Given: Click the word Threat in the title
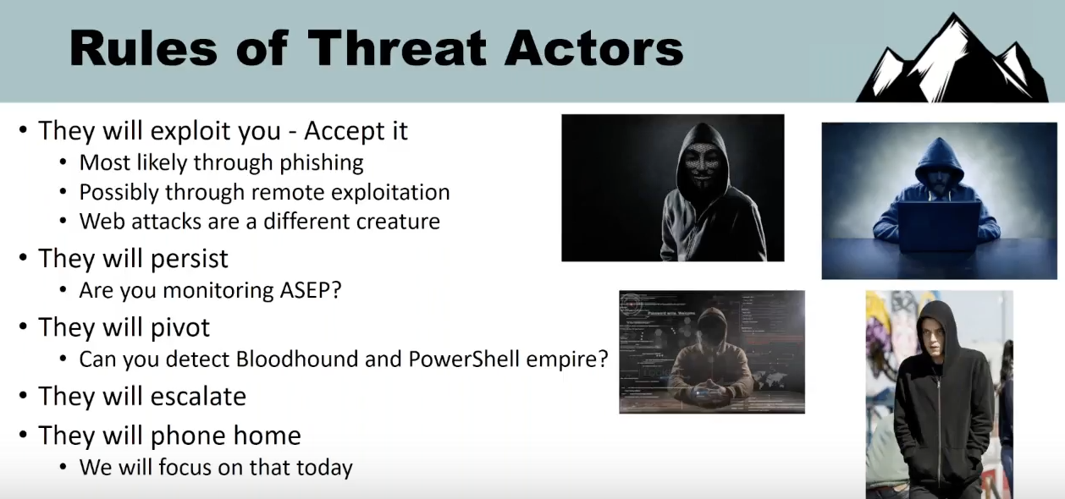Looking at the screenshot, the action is (398, 48).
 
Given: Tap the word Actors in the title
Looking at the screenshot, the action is (594, 48).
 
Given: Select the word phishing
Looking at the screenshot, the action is (322, 163).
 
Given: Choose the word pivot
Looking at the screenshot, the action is (180, 327).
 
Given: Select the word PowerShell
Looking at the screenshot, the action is (464, 359).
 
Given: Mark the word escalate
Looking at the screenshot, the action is (198, 397).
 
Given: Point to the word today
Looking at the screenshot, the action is (325, 467).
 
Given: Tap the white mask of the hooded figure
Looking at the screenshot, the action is (702, 164).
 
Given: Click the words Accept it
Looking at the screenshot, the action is (356, 130).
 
